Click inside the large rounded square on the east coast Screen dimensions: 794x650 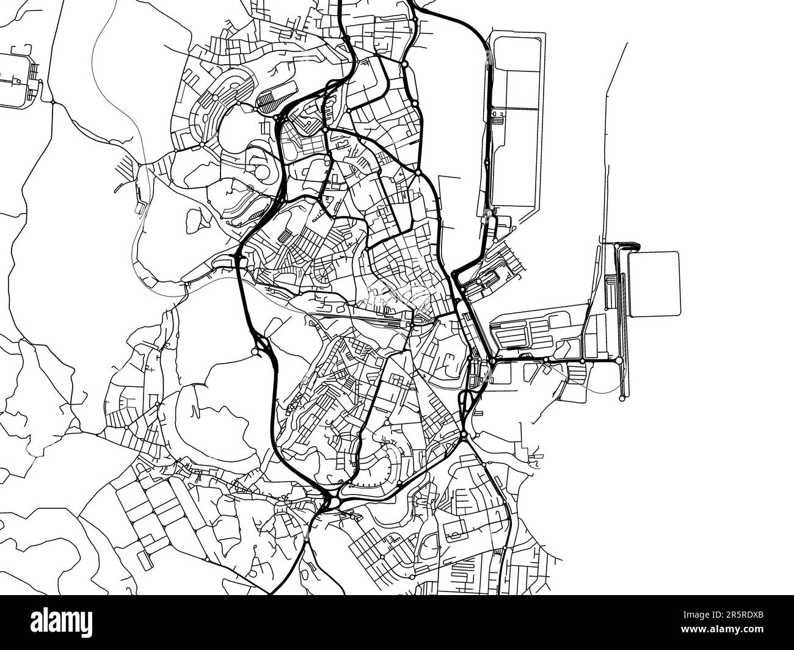pyautogui.click(x=654, y=283)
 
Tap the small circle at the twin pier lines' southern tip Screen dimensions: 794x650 pyautogui.click(x=622, y=399)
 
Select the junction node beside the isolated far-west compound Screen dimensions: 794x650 pyautogui.click(x=53, y=102)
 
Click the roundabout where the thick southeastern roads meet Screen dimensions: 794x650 pyautogui.click(x=464, y=435)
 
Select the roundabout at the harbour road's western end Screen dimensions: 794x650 pyautogui.click(x=492, y=361)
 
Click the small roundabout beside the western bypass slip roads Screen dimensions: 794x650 pyautogui.click(x=254, y=352)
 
